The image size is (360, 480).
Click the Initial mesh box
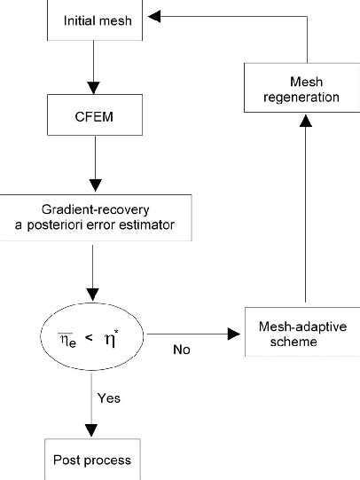91,19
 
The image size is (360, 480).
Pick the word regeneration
305,97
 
